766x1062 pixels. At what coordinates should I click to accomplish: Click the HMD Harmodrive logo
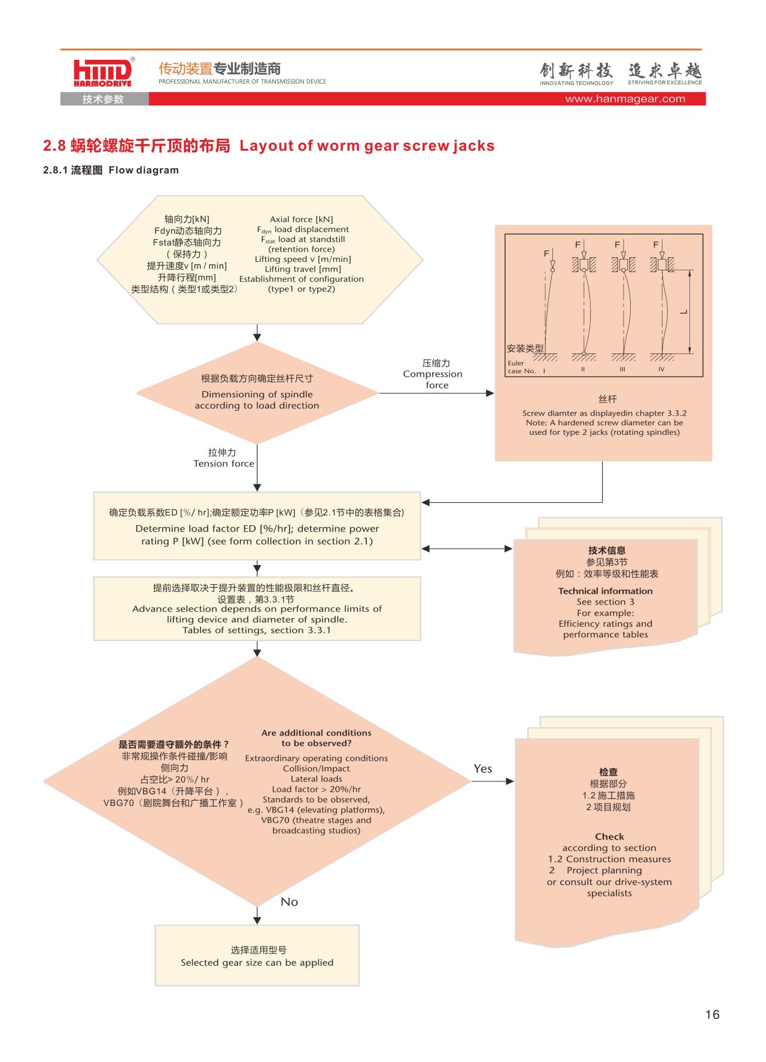[103, 73]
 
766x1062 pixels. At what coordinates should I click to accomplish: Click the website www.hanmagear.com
[625, 99]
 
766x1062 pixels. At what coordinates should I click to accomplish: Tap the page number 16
[712, 1014]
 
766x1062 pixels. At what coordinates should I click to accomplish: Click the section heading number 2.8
[54, 146]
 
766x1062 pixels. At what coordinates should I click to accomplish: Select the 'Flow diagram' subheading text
[144, 170]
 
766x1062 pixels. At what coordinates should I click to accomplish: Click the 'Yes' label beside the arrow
[483, 768]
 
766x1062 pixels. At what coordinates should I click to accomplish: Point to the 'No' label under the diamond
[289, 902]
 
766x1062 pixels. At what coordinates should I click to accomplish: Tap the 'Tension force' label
[224, 463]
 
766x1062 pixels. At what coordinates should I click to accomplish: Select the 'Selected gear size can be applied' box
[257, 955]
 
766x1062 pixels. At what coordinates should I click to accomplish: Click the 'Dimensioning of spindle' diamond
[257, 393]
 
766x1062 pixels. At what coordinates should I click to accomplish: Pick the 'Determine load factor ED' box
[257, 526]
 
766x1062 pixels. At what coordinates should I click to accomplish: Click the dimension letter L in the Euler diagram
[683, 312]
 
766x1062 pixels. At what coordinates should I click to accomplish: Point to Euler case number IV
[661, 370]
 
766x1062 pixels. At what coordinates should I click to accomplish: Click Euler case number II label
[583, 370]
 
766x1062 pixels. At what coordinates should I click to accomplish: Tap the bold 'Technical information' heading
[606, 591]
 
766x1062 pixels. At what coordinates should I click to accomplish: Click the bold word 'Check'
[609, 837]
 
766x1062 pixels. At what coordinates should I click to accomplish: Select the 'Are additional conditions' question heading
[317, 738]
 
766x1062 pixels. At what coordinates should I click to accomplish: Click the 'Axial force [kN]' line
[302, 219]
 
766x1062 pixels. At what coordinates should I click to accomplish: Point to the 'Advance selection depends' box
[257, 609]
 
